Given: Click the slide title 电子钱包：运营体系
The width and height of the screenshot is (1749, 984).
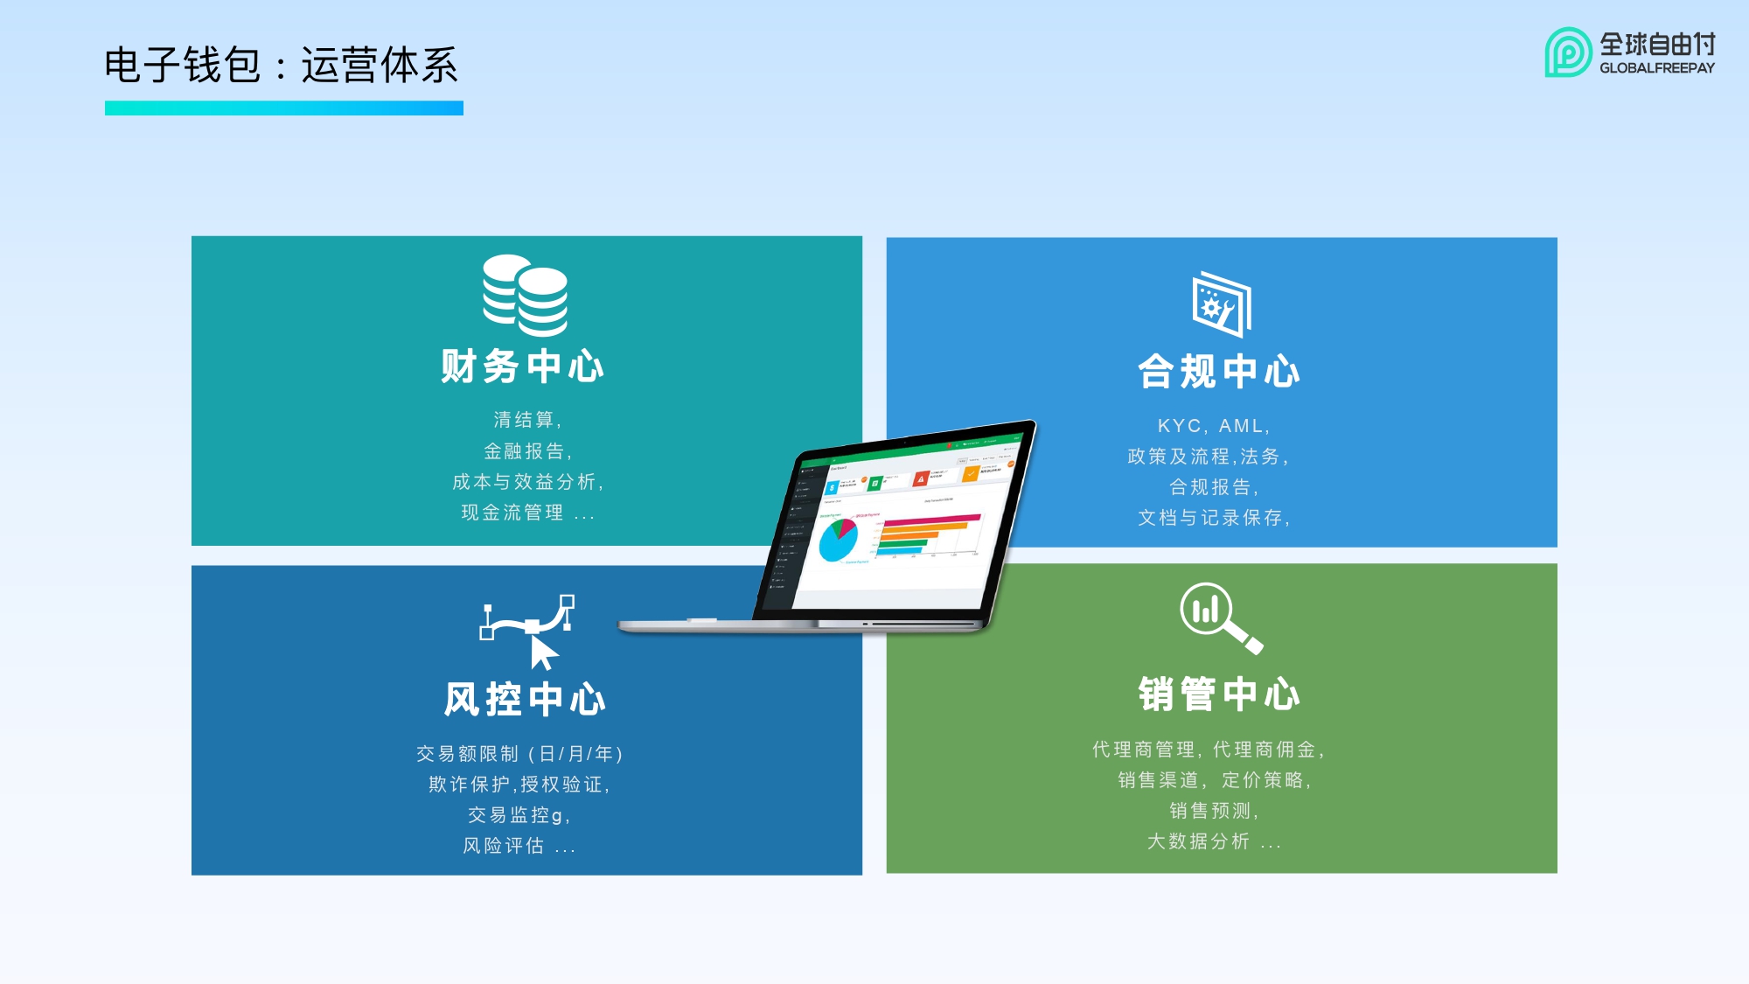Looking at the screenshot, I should point(281,66).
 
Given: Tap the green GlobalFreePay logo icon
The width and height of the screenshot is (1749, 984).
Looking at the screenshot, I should point(1567,52).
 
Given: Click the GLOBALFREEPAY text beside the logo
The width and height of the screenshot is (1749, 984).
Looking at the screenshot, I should point(1656,68).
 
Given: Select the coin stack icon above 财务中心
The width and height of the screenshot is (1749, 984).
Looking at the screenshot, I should point(526,296).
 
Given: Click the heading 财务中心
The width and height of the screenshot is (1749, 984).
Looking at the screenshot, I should point(523,366).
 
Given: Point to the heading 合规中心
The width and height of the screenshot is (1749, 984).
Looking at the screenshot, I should point(1219,372).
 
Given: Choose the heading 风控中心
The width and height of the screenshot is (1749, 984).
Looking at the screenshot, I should point(525,700).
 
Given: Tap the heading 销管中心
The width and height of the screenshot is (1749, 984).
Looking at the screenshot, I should point(1219,694).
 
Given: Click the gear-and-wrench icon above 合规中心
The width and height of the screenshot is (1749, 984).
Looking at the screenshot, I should point(1222,304).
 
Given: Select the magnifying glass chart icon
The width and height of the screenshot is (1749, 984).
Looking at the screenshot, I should point(1219,617).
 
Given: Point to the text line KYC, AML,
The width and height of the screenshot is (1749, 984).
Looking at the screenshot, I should point(1214,426).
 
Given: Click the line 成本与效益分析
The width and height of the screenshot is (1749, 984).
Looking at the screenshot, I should point(527,482).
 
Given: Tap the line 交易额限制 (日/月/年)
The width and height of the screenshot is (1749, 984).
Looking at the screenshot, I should point(519,754).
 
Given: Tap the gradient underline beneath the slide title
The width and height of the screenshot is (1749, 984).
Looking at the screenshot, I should point(284,108).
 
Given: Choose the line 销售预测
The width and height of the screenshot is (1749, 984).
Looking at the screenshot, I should point(1214,811).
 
